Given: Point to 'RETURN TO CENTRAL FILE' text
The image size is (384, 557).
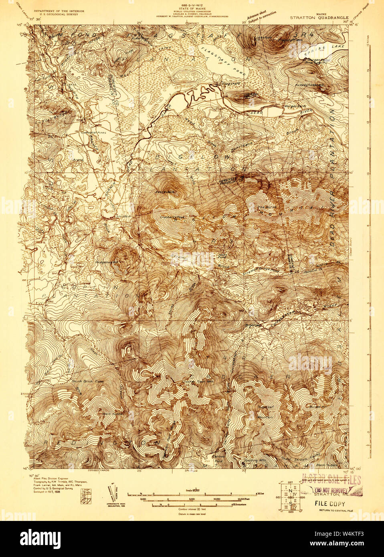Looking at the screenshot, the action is pyautogui.click(x=335, y=510).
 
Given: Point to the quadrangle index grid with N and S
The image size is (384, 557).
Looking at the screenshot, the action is pyautogui.click(x=289, y=496).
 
